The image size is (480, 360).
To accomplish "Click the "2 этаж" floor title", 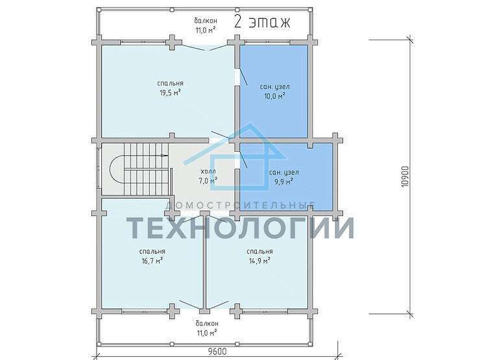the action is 262,22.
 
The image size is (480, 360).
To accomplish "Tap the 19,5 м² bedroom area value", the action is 170,93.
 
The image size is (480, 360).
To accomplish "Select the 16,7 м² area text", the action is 152,261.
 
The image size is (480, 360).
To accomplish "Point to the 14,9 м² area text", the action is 259,261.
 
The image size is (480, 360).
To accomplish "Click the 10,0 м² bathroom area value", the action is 275,96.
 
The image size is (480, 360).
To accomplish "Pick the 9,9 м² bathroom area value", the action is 283,182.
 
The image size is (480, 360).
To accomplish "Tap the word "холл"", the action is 208,171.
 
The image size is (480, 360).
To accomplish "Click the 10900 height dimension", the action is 405,176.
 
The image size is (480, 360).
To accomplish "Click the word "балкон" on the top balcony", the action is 206,21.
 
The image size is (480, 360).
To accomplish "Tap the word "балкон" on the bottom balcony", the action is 207,324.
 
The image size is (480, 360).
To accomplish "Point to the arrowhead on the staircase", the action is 165,156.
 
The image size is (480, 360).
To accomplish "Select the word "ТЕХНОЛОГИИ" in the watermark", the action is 240,228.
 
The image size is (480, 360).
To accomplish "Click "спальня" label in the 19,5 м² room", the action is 171,83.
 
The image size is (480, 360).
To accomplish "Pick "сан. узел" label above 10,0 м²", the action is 275,87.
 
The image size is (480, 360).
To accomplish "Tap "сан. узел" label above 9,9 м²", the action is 284,173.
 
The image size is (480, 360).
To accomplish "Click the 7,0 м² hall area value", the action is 208,180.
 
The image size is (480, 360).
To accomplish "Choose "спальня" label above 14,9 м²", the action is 259,252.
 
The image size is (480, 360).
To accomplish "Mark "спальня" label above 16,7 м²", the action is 152,252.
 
